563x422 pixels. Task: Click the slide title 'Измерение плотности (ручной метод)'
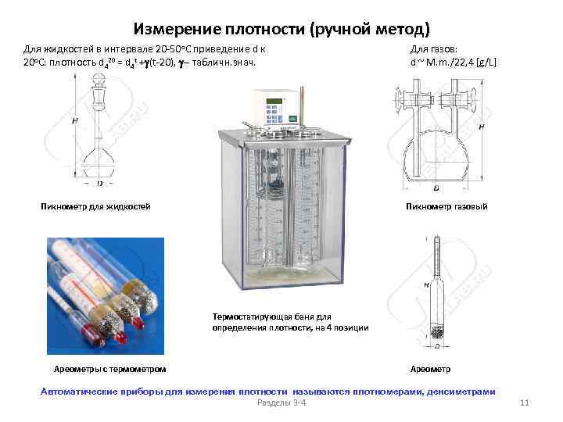tap(281, 30)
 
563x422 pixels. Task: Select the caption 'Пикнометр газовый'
tap(446, 206)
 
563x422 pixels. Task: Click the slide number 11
tap(525, 402)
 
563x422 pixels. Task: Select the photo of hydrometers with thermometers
tap(105, 293)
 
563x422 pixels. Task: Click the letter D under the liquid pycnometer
tap(99, 184)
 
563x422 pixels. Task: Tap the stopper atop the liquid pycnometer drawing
tap(99, 98)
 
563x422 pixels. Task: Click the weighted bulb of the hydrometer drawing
tap(435, 331)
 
